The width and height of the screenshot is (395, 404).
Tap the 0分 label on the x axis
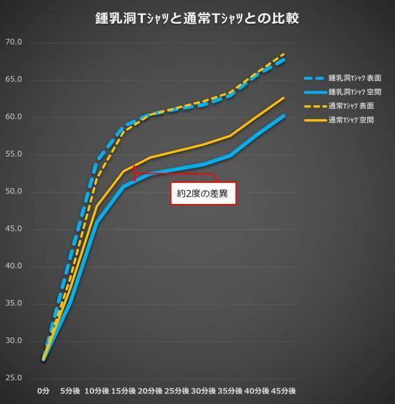point(43,391)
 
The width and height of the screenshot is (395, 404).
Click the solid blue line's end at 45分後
point(284,116)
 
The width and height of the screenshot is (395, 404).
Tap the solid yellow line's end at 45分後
point(284,98)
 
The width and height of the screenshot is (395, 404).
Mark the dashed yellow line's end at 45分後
point(284,54)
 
